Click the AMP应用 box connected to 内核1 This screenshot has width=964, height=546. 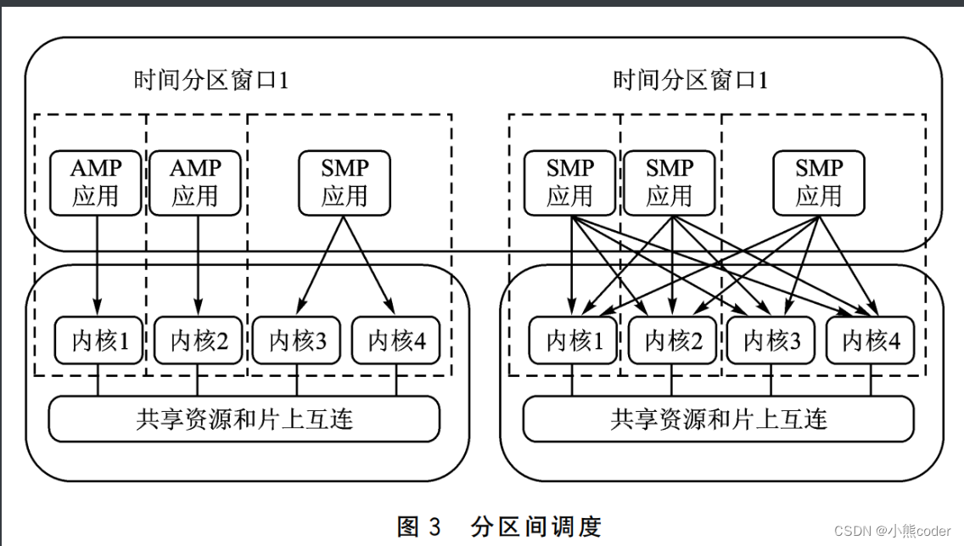pyautogui.click(x=96, y=183)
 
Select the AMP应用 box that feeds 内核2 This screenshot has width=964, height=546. pyautogui.click(x=196, y=183)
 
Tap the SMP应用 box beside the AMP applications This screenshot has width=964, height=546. pyautogui.click(x=345, y=183)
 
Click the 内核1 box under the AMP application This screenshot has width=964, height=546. pyautogui.click(x=98, y=341)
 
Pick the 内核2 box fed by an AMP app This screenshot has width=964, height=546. pyautogui.click(x=199, y=341)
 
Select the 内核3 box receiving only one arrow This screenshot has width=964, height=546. pyautogui.click(x=297, y=341)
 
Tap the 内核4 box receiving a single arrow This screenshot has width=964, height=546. pyautogui.click(x=396, y=341)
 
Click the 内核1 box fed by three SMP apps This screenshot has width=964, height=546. pyautogui.click(x=573, y=341)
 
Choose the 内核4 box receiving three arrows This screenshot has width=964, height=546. pyautogui.click(x=871, y=341)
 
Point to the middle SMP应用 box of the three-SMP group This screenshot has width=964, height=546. pyautogui.click(x=670, y=183)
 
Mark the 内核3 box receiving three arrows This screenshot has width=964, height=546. pyautogui.click(x=771, y=341)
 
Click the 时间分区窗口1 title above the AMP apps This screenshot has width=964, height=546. pyautogui.click(x=211, y=82)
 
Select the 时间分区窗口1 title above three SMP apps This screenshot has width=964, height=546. pyautogui.click(x=690, y=82)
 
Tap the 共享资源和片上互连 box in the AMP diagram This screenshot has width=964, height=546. pyautogui.click(x=244, y=419)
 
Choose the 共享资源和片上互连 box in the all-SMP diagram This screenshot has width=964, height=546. pyautogui.click(x=719, y=419)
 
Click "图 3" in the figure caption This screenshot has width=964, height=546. pyautogui.click(x=419, y=526)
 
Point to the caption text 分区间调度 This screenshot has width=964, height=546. pyautogui.click(x=535, y=526)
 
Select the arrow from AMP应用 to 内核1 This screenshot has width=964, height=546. pyautogui.click(x=96, y=263)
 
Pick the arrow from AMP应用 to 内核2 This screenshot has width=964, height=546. pyautogui.click(x=197, y=263)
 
